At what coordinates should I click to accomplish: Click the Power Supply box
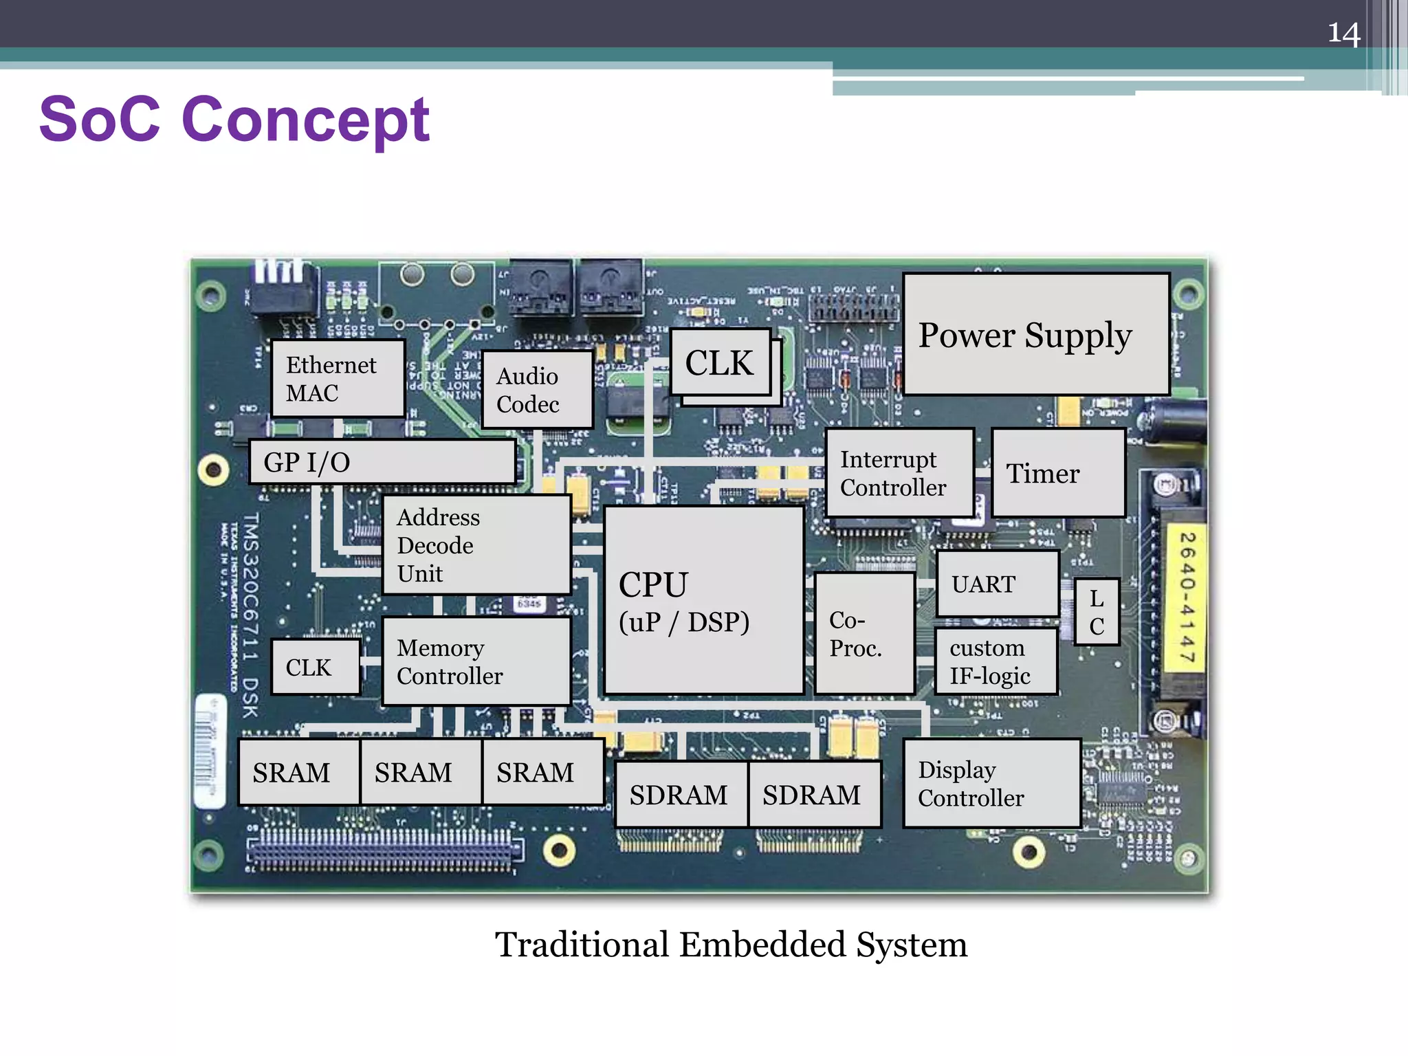click(x=1036, y=334)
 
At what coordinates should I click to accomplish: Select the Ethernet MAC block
click(x=338, y=379)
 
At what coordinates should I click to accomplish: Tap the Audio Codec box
click(x=537, y=390)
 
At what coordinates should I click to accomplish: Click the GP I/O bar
click(x=382, y=462)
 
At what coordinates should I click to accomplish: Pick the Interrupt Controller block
click(x=899, y=473)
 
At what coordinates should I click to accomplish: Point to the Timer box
click(x=1058, y=473)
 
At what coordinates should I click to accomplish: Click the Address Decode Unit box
click(x=476, y=544)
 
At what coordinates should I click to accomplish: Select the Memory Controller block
click(x=476, y=661)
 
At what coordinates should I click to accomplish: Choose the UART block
click(x=997, y=584)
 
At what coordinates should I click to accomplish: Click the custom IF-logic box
click(x=995, y=661)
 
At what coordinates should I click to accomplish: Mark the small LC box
click(x=1097, y=612)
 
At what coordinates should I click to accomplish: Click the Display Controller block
click(x=991, y=784)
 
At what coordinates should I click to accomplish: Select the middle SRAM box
click(x=421, y=772)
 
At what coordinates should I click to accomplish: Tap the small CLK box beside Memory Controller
click(x=316, y=667)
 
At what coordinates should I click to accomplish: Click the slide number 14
click(x=1343, y=33)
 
